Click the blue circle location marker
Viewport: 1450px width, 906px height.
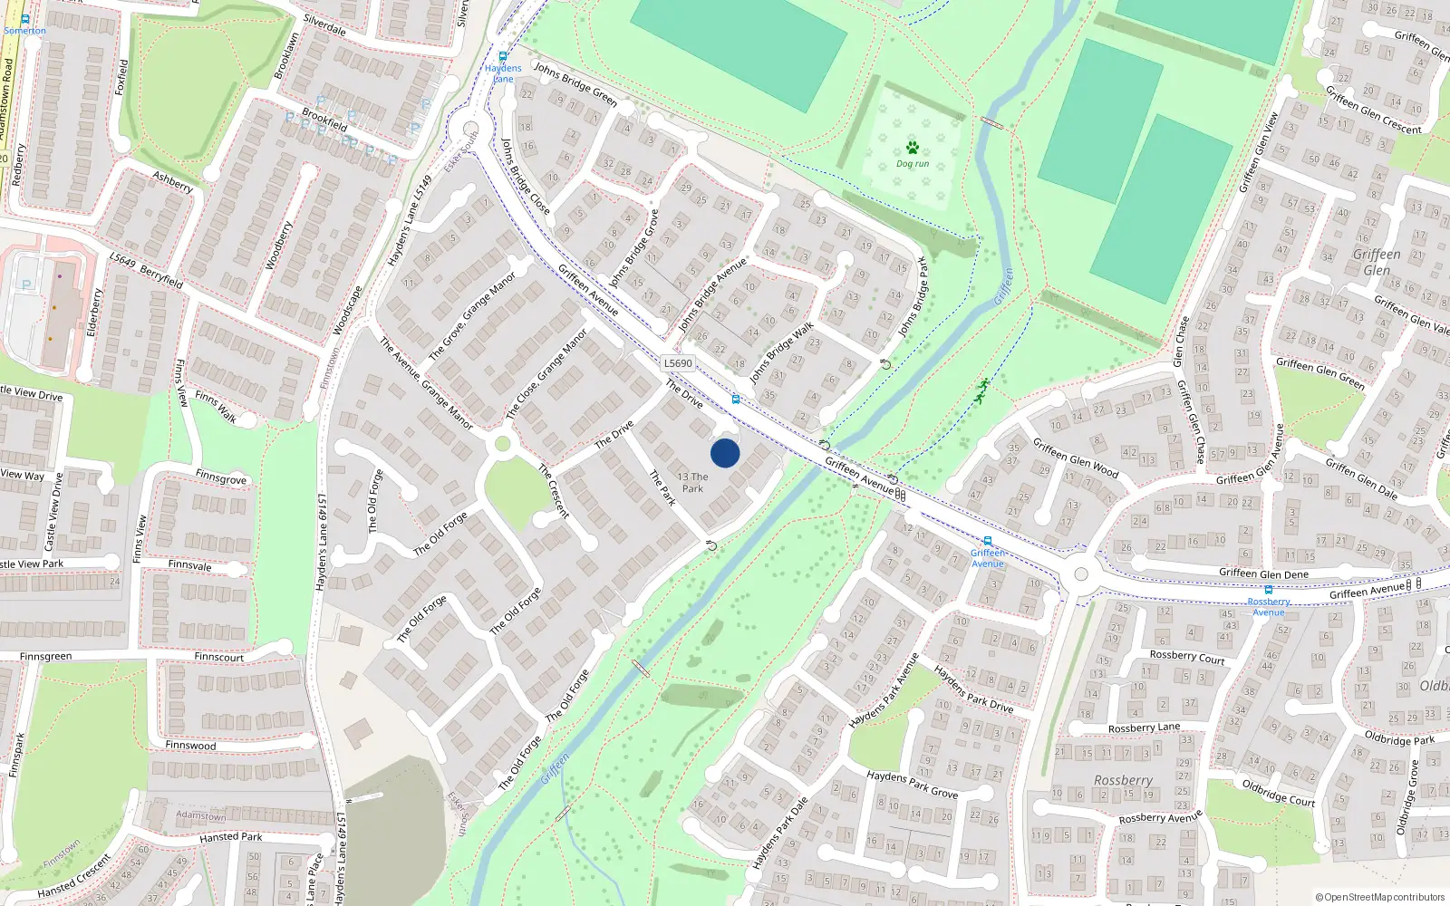[x=725, y=453]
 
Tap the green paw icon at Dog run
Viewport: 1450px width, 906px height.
[x=913, y=148]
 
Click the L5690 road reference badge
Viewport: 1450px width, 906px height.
[x=678, y=363]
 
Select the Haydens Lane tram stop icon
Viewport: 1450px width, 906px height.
[x=503, y=56]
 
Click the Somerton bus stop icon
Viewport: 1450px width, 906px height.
[x=24, y=19]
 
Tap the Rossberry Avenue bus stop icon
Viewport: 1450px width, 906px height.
[x=1269, y=590]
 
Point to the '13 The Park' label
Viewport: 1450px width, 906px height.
[x=693, y=482]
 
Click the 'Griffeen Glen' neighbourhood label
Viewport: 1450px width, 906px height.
[x=1377, y=262]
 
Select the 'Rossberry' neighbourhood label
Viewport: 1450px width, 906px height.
[x=1123, y=780]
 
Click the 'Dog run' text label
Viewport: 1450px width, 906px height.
[x=913, y=164]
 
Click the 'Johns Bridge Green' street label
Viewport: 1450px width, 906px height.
[x=575, y=84]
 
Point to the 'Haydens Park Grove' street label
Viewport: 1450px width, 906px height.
[x=912, y=785]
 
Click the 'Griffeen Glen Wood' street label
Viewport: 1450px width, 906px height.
[x=1076, y=458]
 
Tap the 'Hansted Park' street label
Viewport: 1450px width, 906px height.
[x=231, y=837]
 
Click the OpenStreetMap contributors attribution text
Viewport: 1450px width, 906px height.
[x=1380, y=897]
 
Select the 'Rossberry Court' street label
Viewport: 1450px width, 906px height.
[x=1187, y=657]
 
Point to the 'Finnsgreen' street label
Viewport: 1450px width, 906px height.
[x=45, y=656]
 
